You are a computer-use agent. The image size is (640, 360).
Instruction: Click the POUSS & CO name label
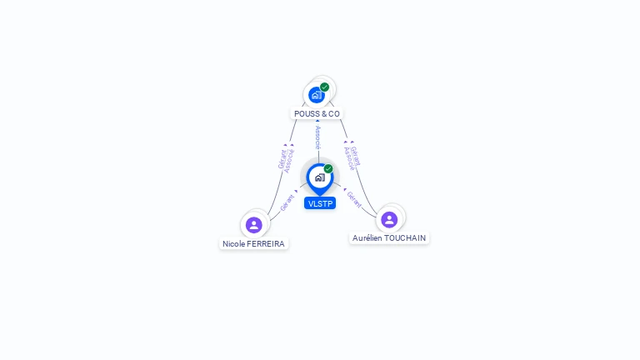(x=317, y=113)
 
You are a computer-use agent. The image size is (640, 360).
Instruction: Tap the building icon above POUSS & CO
(x=316, y=95)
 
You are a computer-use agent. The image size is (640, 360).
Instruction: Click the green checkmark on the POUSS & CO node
(x=324, y=87)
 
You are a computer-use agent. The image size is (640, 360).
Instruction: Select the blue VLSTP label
(x=320, y=203)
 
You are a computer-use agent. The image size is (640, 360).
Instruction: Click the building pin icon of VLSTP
(x=319, y=177)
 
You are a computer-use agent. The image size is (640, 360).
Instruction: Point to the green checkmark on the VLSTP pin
(x=328, y=168)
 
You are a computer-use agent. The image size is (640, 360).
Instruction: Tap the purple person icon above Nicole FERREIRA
(x=254, y=224)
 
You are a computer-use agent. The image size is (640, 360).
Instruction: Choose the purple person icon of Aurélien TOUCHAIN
(x=389, y=219)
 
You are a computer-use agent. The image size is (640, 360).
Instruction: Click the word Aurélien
(x=367, y=237)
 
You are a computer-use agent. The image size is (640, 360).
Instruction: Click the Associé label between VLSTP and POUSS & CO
(x=317, y=138)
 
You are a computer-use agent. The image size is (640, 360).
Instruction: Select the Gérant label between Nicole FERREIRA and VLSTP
(x=287, y=202)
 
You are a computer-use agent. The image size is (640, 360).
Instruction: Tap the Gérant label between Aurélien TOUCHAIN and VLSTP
(x=353, y=199)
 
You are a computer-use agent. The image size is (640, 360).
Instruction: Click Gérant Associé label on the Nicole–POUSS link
(x=286, y=159)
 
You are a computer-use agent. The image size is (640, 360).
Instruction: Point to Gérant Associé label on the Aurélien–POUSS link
(x=352, y=157)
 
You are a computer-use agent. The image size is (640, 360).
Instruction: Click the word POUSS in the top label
(x=307, y=113)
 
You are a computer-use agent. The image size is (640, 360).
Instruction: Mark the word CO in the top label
(x=333, y=113)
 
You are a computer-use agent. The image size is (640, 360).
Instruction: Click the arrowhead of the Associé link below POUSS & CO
(x=317, y=121)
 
